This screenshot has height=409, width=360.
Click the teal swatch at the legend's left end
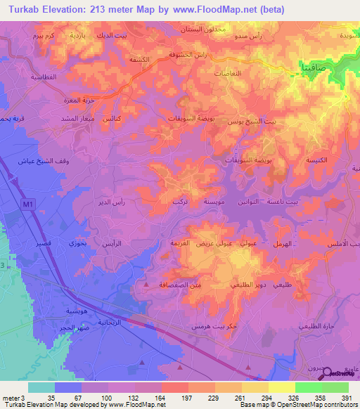pos(41,387)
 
